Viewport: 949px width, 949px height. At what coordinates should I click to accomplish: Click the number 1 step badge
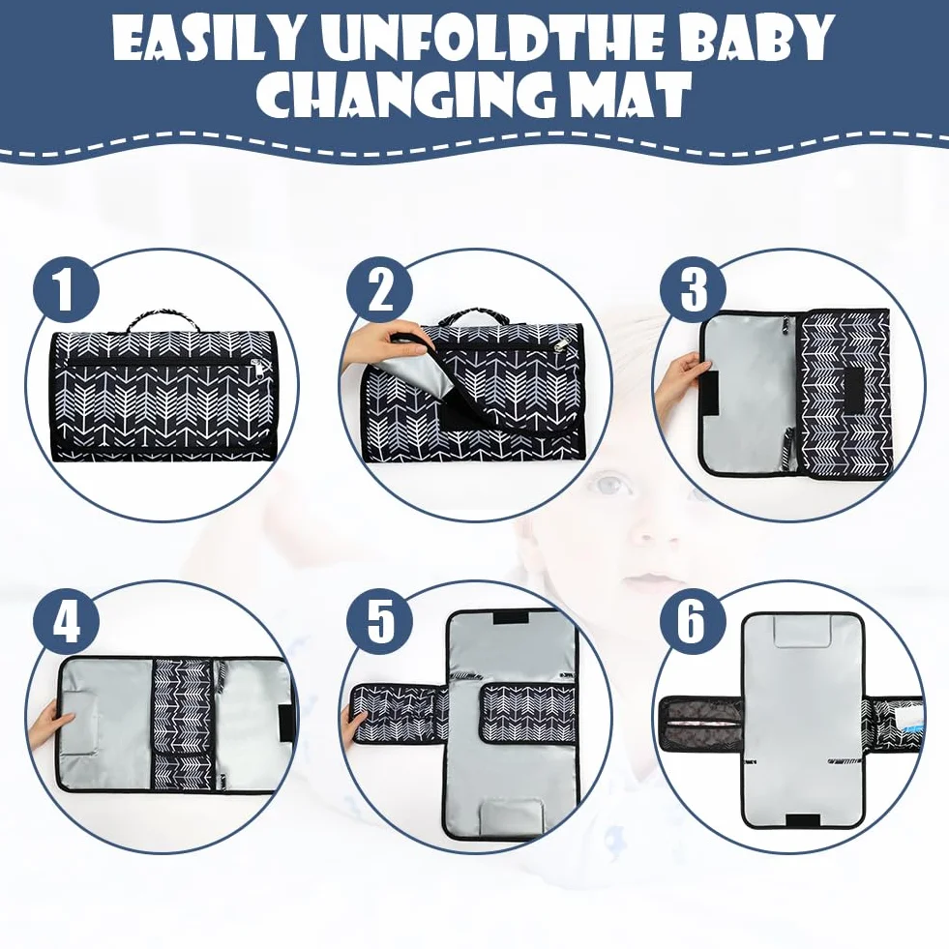tap(66, 290)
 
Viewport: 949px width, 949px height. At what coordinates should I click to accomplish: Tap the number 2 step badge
tap(379, 290)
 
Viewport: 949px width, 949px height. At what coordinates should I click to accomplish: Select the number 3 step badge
tap(693, 289)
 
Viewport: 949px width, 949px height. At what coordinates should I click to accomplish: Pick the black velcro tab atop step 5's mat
tap(512, 617)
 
